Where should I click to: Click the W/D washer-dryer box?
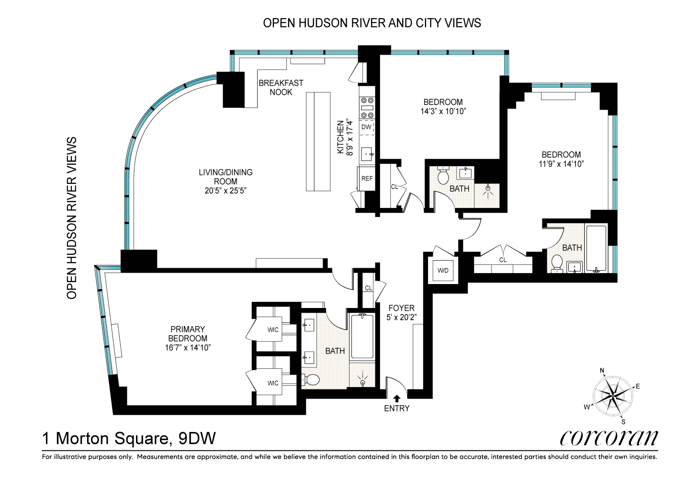[x=443, y=270]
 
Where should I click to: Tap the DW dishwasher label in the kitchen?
[x=366, y=127]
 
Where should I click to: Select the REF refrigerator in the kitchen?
[x=367, y=178]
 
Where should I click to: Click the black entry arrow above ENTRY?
[x=397, y=398]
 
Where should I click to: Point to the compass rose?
[x=613, y=396]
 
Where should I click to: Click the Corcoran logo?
[x=609, y=438]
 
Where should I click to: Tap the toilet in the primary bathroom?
[x=311, y=379]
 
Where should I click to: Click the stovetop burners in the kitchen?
[x=367, y=108]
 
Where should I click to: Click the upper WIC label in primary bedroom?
[x=272, y=330]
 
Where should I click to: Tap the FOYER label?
[x=401, y=308]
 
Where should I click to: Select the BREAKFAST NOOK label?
[x=281, y=87]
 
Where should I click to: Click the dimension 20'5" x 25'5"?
[x=226, y=191]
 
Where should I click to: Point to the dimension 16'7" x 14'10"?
[x=188, y=348]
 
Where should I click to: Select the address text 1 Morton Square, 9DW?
[x=129, y=438]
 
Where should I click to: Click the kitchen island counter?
[x=318, y=141]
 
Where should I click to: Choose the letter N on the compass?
[x=602, y=370]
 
